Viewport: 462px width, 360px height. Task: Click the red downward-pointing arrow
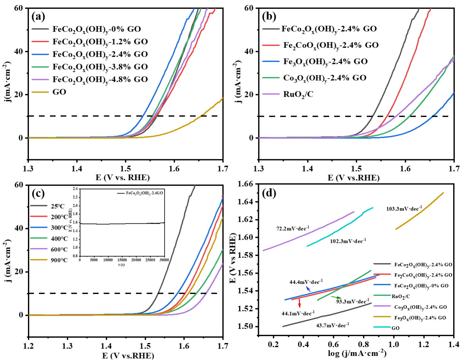[300, 303]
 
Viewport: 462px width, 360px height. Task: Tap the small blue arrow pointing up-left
[308, 289]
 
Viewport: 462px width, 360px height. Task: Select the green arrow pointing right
[336, 297]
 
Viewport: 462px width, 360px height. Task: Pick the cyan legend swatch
[382, 327]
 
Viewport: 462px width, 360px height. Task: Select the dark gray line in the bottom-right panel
[327, 315]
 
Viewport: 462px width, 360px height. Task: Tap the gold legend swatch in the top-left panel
[40, 92]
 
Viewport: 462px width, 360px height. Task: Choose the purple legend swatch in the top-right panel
[271, 94]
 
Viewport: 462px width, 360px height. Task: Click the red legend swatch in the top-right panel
[271, 46]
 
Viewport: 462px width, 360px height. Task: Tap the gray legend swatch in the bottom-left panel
[39, 206]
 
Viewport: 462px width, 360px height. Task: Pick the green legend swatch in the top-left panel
[40, 67]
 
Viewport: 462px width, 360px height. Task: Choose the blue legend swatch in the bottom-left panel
[39, 227]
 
